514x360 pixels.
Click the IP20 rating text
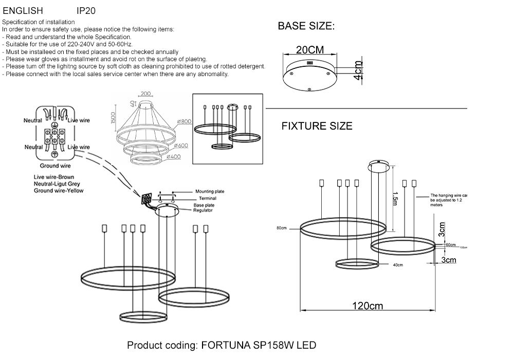pos(86,10)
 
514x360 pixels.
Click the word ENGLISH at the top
pos(23,10)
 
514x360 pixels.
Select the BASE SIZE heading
pos(306,27)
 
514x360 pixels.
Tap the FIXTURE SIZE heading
pos(317,126)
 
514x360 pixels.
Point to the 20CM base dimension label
pos(310,50)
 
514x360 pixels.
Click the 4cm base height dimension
pos(358,70)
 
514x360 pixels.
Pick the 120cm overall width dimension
pos(368,306)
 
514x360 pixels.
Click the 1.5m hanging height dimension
pos(395,198)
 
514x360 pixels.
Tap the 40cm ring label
pos(397,265)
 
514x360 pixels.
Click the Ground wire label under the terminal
pos(55,166)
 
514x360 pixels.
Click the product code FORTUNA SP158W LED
pos(222,345)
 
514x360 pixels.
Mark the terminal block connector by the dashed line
pos(147,199)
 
